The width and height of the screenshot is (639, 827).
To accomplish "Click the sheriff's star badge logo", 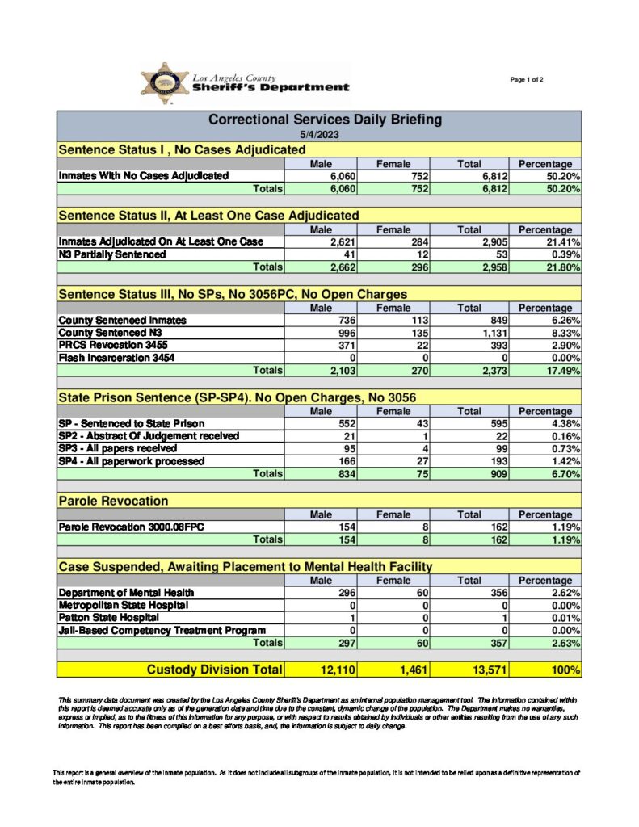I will point(165,83).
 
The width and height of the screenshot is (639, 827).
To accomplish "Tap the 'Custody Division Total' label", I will point(213,670).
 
